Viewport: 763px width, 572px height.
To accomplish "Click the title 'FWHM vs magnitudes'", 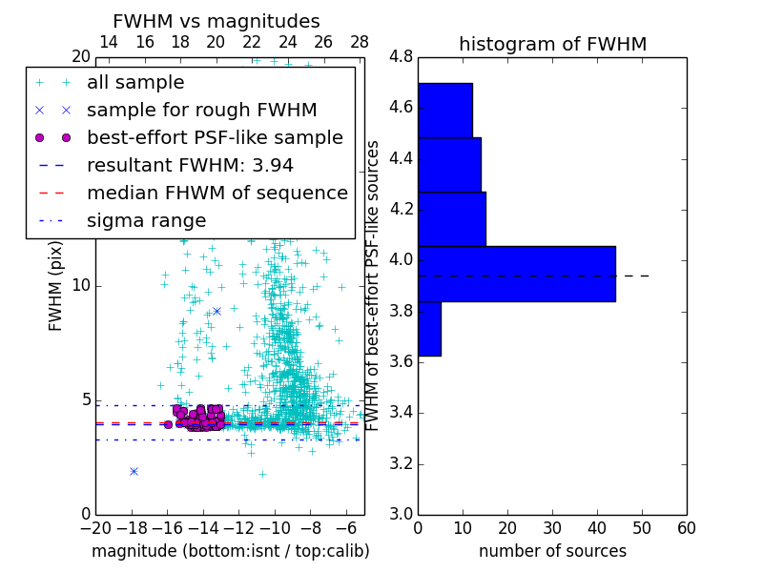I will (x=217, y=21).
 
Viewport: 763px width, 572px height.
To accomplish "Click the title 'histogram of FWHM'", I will (x=552, y=44).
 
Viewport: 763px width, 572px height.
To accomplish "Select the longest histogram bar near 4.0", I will (x=516, y=274).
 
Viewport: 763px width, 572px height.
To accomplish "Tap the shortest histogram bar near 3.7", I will (x=429, y=329).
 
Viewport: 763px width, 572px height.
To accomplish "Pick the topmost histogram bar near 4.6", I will (x=444, y=110).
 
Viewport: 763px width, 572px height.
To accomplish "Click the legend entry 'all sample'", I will (x=135, y=83).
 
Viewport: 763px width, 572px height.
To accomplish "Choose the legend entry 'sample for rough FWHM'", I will (x=201, y=110).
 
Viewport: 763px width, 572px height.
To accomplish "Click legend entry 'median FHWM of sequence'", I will (x=217, y=193).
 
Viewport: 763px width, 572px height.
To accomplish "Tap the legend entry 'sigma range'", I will (x=146, y=220).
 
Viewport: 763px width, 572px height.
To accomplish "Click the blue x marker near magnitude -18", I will (x=134, y=471).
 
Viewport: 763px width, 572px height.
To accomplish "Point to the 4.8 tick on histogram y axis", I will (x=401, y=57).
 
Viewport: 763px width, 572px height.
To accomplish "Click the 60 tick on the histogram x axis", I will (x=686, y=528).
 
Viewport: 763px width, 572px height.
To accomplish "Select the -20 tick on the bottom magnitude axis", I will (x=95, y=528).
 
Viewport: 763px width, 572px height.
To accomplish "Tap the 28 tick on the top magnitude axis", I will (x=360, y=42).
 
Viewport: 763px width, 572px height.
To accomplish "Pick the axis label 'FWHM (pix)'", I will (x=56, y=286).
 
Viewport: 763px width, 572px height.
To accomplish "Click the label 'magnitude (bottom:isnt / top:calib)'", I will (x=230, y=551).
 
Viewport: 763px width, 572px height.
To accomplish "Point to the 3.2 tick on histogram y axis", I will (x=401, y=463).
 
